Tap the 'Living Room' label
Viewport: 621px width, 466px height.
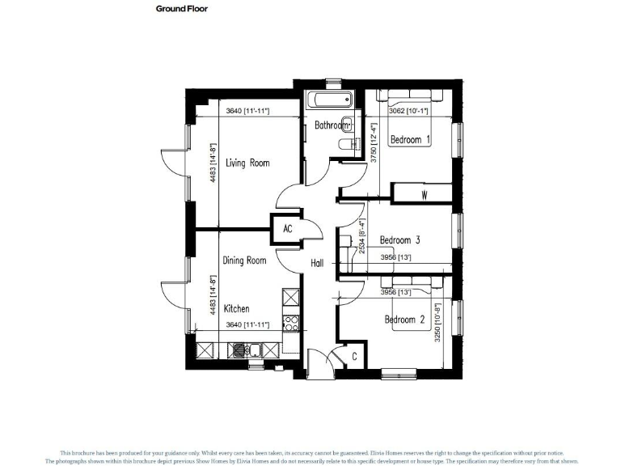(x=247, y=163)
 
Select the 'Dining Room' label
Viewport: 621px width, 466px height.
(x=244, y=261)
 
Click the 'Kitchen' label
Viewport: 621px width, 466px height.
(x=236, y=309)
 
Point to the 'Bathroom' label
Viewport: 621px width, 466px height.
(x=332, y=126)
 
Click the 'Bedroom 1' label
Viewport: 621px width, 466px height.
(x=410, y=140)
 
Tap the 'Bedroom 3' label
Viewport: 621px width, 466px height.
(x=399, y=240)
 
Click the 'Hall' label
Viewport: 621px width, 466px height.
(x=318, y=263)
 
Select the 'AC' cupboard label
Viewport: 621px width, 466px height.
(x=287, y=229)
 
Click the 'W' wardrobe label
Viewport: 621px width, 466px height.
(x=424, y=196)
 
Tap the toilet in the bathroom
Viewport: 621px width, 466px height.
(x=347, y=145)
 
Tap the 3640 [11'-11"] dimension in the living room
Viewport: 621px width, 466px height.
(x=247, y=111)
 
